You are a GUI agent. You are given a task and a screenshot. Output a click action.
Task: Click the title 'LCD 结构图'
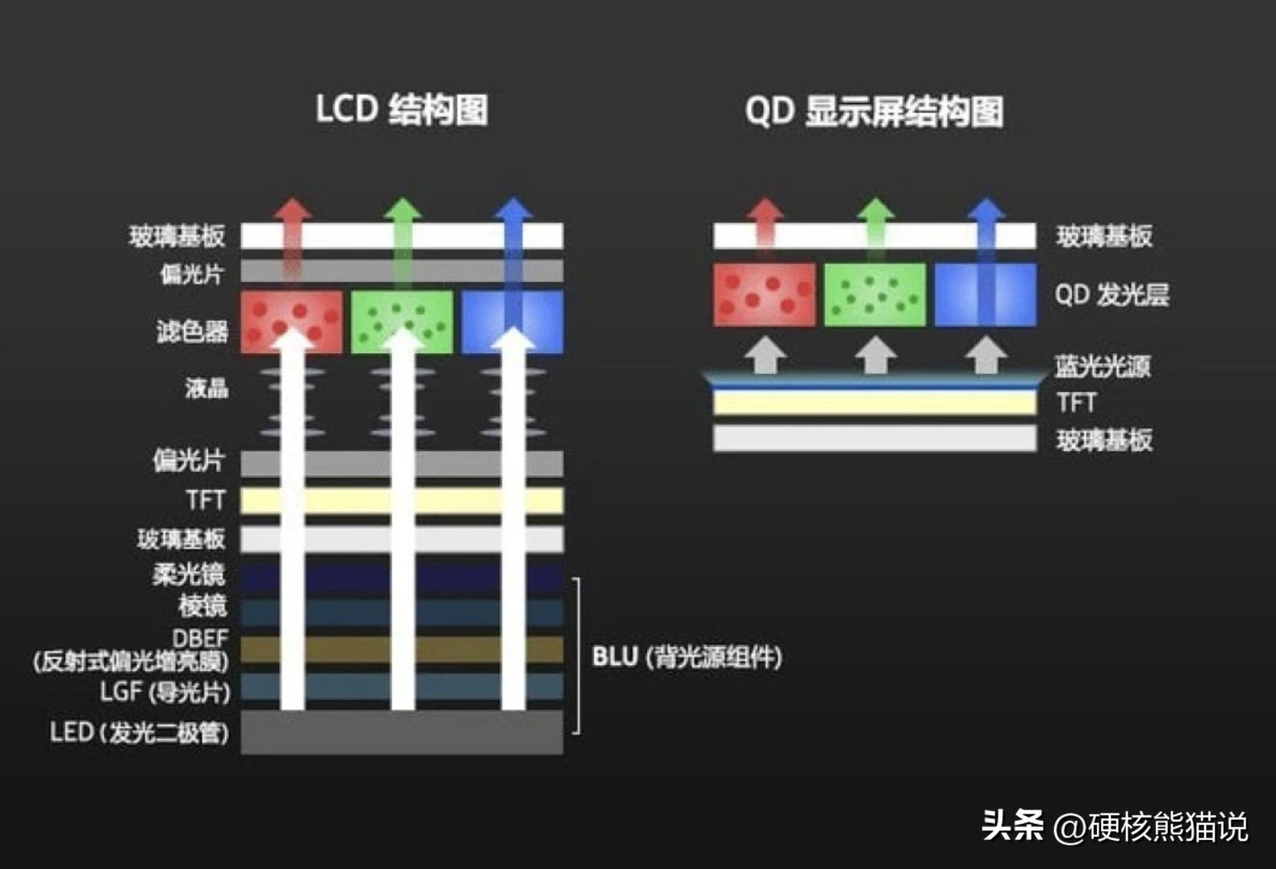(401, 110)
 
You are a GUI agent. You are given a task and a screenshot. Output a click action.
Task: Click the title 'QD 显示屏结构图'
(874, 111)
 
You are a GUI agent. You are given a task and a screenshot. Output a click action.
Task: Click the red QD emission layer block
(764, 294)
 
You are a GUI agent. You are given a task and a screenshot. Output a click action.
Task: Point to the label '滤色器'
(192, 331)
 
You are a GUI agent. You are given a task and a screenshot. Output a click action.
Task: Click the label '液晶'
(206, 388)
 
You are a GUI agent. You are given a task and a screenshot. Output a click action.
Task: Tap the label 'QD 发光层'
(1111, 295)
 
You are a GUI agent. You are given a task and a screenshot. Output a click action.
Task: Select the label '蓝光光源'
(1102, 367)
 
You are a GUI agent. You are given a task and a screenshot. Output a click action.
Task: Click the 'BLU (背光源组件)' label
(686, 657)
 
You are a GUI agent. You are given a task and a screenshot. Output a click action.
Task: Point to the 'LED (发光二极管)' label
(139, 733)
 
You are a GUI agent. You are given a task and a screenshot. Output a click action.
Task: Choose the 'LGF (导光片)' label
(165, 692)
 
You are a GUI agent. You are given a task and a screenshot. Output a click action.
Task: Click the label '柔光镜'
(188, 574)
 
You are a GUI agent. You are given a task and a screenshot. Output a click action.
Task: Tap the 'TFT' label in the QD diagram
(1076, 402)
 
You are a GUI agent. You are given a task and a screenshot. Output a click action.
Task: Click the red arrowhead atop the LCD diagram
(292, 210)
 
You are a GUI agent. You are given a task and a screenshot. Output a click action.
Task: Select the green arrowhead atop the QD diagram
(875, 210)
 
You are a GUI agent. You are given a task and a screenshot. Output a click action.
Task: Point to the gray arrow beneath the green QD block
(875, 355)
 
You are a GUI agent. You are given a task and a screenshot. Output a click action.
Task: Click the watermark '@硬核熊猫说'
(1150, 827)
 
